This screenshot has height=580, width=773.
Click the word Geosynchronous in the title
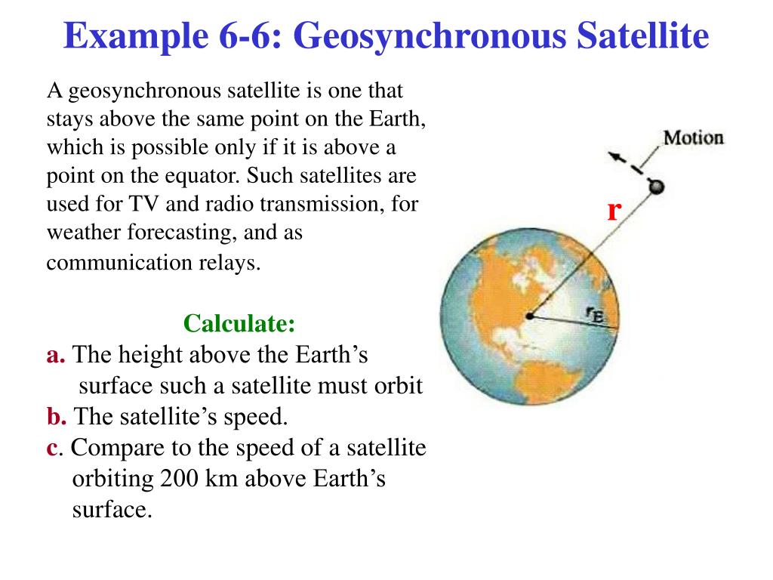tap(423, 36)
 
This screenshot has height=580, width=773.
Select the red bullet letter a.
tap(55, 355)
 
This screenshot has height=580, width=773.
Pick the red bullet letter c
tap(51, 447)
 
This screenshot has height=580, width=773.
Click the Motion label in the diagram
tap(693, 138)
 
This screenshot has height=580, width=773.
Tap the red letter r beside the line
tap(614, 210)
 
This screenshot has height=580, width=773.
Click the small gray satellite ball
tap(657, 187)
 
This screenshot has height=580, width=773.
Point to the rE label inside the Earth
tap(595, 313)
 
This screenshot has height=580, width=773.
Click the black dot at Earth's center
tap(531, 316)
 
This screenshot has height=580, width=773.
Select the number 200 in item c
tap(178, 479)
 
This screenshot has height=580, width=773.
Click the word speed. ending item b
tap(261, 416)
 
